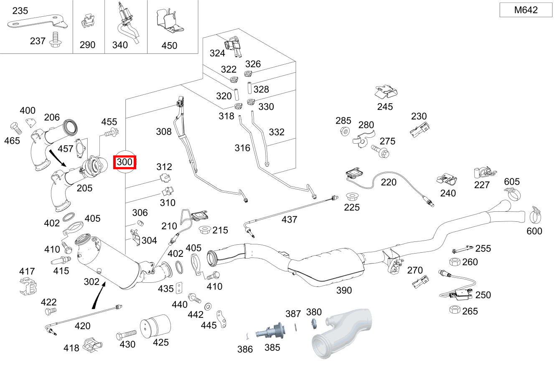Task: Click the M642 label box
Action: click(x=526, y=10)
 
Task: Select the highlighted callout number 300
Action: click(x=125, y=162)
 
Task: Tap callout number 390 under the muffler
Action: click(x=344, y=290)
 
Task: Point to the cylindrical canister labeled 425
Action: click(x=155, y=327)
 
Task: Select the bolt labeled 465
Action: click(x=14, y=127)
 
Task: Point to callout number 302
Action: click(x=91, y=282)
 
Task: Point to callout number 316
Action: click(x=242, y=148)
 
